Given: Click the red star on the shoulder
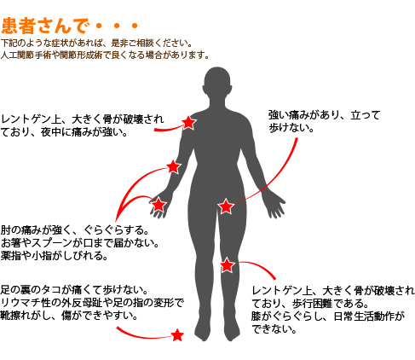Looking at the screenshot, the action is [x=188, y=123].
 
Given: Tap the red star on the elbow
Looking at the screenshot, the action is [x=173, y=167].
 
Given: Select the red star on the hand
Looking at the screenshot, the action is [x=159, y=205].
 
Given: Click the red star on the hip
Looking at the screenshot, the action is [x=226, y=206].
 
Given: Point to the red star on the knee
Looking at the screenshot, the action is [x=227, y=265].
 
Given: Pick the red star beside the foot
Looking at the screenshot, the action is [x=177, y=335].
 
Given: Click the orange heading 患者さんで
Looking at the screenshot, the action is [x=44, y=26].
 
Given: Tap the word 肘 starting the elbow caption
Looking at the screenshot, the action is [x=6, y=230].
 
